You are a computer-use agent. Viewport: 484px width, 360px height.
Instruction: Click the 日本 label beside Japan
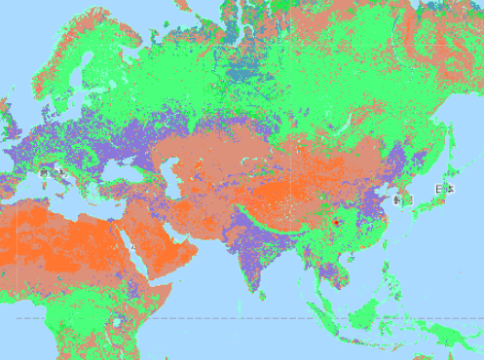tap(443, 189)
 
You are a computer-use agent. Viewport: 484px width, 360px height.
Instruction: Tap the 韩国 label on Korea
tap(402, 198)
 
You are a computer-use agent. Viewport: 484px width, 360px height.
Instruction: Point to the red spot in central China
tap(337, 222)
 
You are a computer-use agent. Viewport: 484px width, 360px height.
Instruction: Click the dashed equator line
tap(243, 319)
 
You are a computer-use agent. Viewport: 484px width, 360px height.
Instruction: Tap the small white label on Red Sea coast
tap(133, 248)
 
